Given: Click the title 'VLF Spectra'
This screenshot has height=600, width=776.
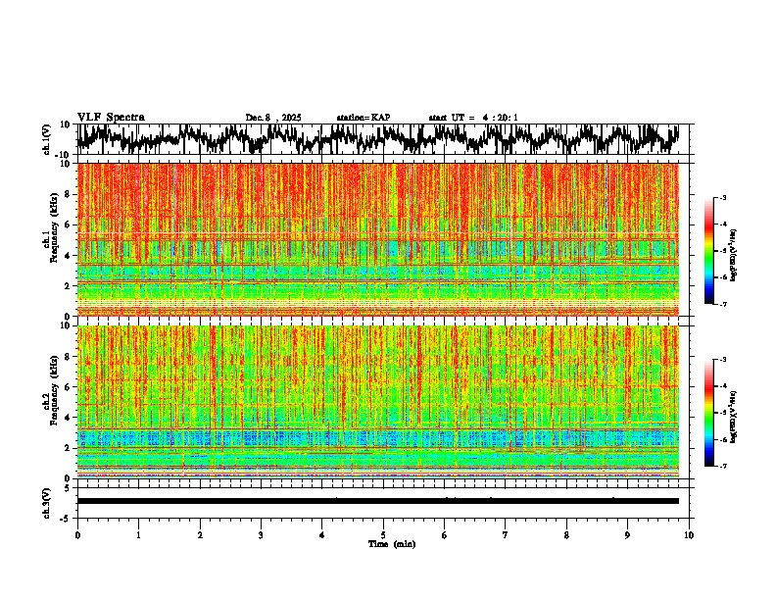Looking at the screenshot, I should (x=111, y=117).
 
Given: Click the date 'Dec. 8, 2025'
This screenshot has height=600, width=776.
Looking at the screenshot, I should (x=273, y=118).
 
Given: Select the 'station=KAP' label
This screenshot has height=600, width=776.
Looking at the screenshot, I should (x=364, y=118).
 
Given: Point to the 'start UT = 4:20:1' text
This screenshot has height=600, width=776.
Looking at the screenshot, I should (x=473, y=118).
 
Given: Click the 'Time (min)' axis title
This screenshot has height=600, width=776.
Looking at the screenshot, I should (x=391, y=544).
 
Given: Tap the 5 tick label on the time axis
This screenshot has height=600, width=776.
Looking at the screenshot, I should (x=383, y=535).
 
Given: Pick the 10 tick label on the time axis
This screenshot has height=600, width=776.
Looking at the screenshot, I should (x=689, y=535).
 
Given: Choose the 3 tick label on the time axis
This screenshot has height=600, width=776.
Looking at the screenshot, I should (x=261, y=535).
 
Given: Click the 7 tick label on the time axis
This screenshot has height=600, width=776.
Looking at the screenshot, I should (x=506, y=535).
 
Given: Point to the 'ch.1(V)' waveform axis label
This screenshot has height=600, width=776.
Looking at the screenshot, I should (x=47, y=139).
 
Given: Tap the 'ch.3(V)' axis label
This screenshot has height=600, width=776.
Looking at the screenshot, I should (x=47, y=501).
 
